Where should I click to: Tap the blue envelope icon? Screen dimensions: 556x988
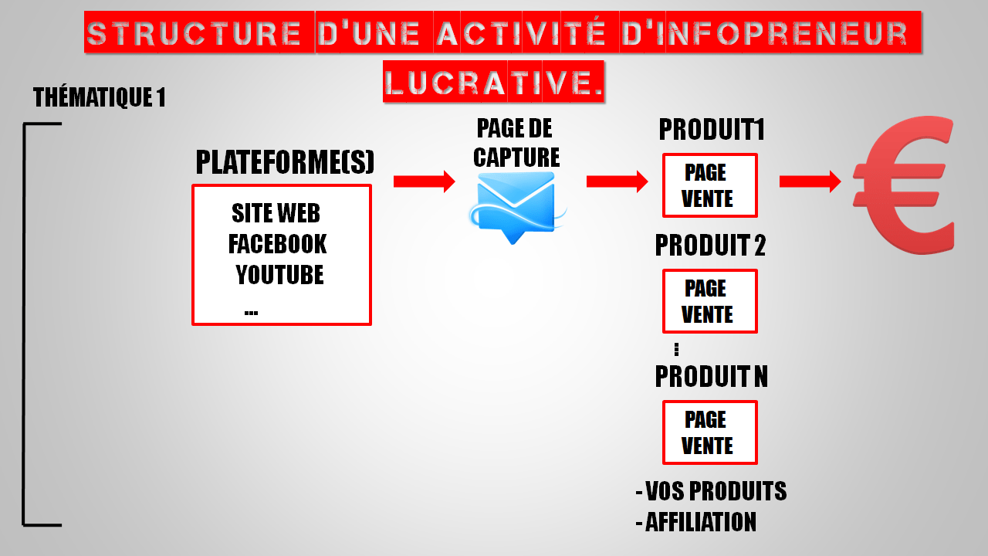(516, 204)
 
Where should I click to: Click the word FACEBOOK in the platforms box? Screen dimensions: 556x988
(277, 244)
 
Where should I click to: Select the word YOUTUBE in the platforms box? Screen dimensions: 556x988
(279, 274)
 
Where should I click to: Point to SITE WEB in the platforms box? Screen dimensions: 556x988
(276, 213)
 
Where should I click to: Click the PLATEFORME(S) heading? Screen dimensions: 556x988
(285, 163)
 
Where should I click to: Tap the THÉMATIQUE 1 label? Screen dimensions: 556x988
(99, 98)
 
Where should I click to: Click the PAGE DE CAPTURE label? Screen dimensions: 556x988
(516, 142)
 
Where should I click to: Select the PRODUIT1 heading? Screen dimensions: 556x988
(711, 130)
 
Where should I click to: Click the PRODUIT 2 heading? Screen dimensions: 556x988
(710, 246)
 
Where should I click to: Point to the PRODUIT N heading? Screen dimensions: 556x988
(711, 377)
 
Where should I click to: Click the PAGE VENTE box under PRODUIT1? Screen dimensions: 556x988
(709, 185)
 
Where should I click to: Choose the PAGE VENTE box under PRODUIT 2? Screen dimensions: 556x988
(709, 301)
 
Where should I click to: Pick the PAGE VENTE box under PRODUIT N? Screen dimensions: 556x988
(709, 432)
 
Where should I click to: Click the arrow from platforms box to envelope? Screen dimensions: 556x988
(424, 181)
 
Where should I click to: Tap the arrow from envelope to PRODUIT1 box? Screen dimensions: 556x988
(617, 181)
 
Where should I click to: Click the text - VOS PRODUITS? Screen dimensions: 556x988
(711, 491)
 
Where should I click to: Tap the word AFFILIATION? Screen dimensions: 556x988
(700, 522)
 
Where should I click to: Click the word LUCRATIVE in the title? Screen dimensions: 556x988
(493, 81)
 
